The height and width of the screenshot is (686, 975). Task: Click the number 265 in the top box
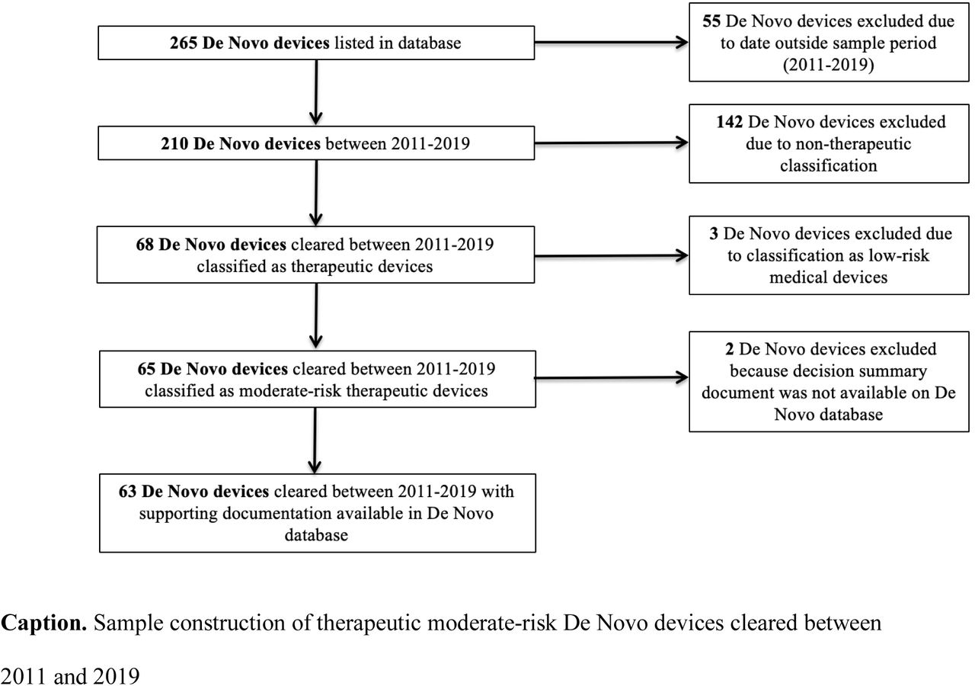click(x=184, y=43)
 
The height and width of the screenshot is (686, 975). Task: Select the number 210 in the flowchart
click(x=174, y=144)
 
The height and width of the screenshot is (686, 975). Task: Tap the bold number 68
click(x=145, y=245)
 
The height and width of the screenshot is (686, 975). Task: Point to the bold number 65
click(x=146, y=369)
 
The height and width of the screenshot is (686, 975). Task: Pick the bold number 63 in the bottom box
click(x=127, y=492)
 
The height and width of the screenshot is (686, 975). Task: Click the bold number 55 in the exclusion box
click(x=711, y=21)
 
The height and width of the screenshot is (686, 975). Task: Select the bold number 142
click(x=730, y=122)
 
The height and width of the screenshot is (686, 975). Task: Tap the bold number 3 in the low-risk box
click(x=714, y=233)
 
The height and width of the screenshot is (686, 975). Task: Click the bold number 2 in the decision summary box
click(x=730, y=349)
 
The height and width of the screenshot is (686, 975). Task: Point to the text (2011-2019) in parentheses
click(x=828, y=65)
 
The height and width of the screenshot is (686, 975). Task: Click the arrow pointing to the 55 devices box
click(x=611, y=43)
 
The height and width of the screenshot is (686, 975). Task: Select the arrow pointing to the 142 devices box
click(x=611, y=143)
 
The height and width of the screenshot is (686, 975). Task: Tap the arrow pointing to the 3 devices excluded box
click(x=611, y=255)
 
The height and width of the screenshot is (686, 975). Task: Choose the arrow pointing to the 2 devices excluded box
click(x=611, y=377)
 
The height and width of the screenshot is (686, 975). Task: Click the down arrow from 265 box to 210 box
click(x=316, y=92)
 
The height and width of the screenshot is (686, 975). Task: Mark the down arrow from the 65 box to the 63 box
click(x=315, y=441)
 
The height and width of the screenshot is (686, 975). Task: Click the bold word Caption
click(x=44, y=623)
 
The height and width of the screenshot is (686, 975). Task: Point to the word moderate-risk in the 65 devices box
click(x=290, y=391)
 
